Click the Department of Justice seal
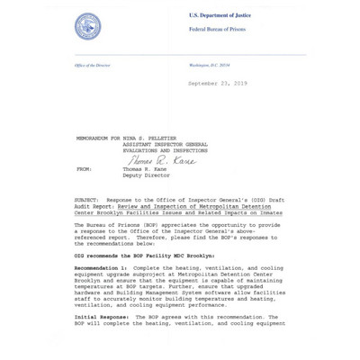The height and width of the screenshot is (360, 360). click(87, 25)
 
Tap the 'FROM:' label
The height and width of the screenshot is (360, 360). click(84, 168)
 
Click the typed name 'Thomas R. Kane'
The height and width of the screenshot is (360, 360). click(148, 168)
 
